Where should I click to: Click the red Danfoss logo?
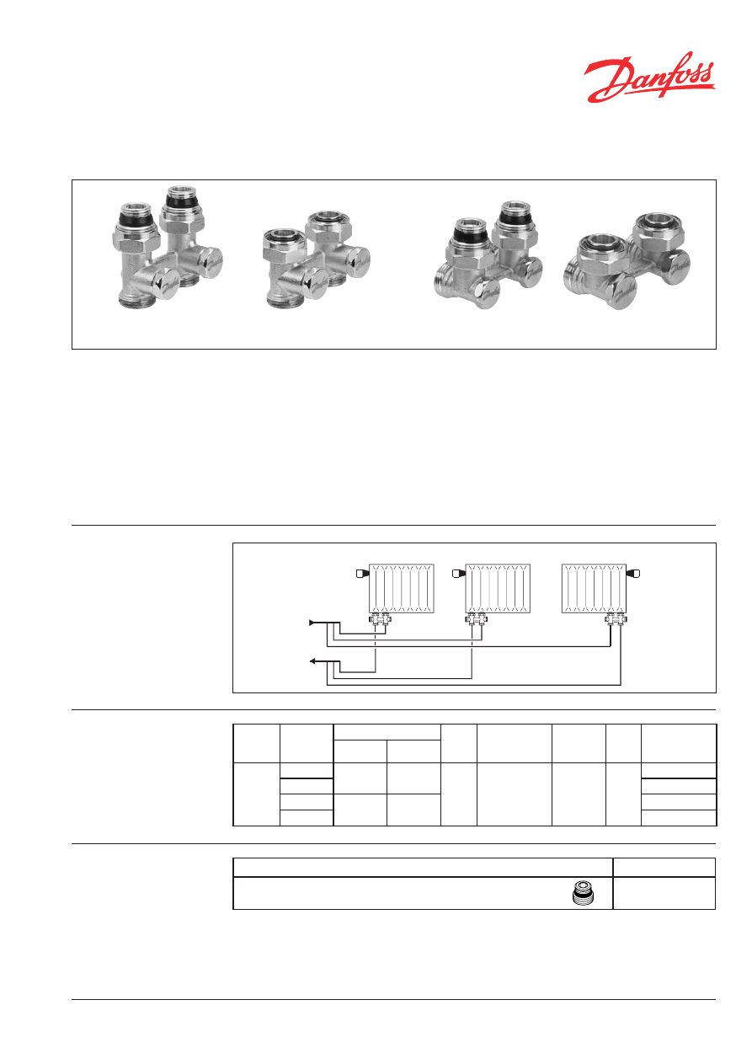(x=649, y=78)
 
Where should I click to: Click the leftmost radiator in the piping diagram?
(x=401, y=588)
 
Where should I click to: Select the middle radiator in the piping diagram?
(x=498, y=588)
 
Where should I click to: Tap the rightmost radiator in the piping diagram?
(x=594, y=588)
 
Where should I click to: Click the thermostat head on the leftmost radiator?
(x=362, y=574)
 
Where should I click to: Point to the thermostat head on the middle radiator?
(x=459, y=574)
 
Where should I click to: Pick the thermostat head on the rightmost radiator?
(x=633, y=574)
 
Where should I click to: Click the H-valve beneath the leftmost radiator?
(x=380, y=618)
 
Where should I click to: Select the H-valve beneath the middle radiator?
(x=476, y=618)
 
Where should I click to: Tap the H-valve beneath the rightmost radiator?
(x=616, y=618)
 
